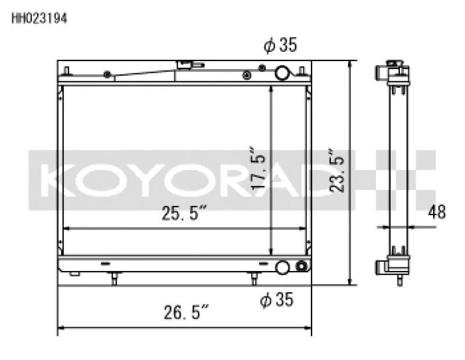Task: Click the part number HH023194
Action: coord(40,19)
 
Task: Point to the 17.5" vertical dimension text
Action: coord(259,167)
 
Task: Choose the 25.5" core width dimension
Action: coord(185,214)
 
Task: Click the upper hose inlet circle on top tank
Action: coord(282,73)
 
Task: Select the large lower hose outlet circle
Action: coord(282,268)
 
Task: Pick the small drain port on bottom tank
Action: coord(301,267)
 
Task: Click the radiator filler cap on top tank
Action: coord(190,65)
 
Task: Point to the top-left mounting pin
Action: coord(67,71)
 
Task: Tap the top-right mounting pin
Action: coord(302,71)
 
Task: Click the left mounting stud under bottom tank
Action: coord(114,279)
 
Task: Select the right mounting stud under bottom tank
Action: coord(253,279)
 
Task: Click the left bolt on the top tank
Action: coord(107,74)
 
